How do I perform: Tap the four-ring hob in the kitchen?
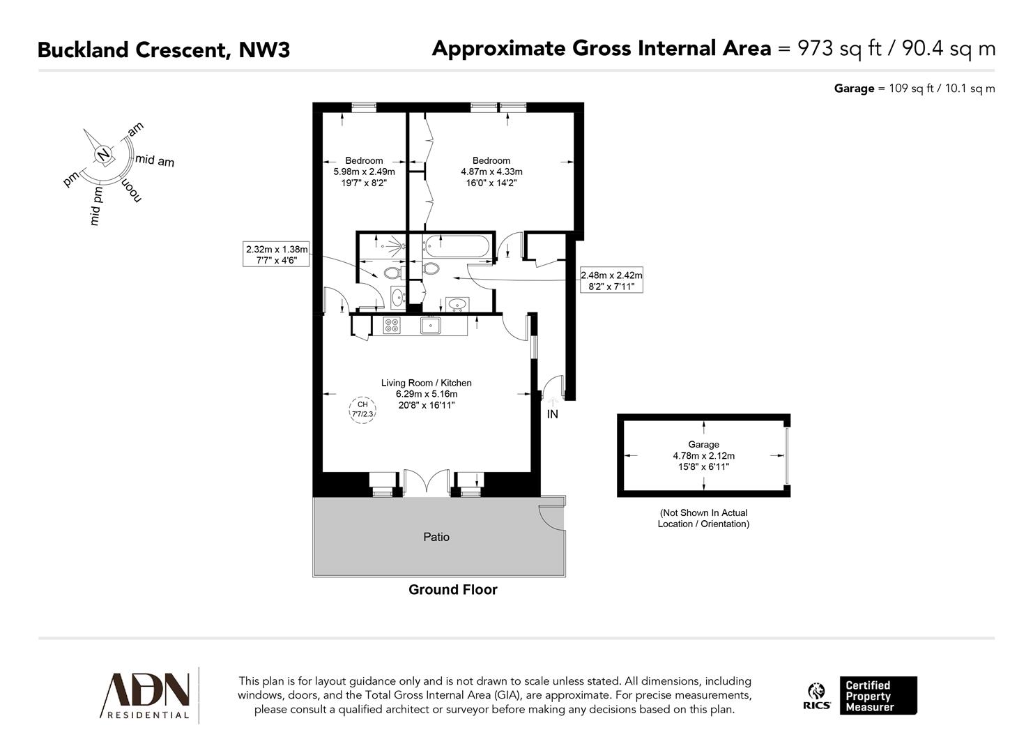(x=392, y=326)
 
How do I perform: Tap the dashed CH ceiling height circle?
(x=362, y=409)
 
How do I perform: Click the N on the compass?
(x=103, y=154)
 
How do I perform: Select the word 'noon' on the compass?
(x=131, y=190)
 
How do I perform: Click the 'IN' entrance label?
(x=552, y=415)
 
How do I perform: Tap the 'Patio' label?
(x=436, y=537)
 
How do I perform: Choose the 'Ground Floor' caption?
(x=452, y=590)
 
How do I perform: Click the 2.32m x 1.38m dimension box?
(x=276, y=254)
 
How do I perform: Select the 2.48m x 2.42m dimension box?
(x=611, y=280)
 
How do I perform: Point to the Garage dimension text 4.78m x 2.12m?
(x=703, y=456)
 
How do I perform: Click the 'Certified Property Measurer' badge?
(x=877, y=695)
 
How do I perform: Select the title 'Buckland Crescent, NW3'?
(x=163, y=50)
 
